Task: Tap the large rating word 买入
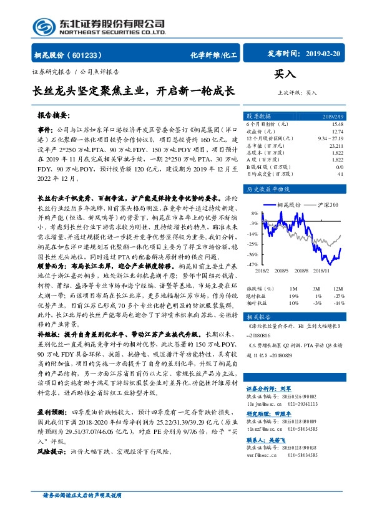pyautogui.click(x=286, y=74)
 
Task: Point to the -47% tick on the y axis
pyautogui.click(x=252, y=264)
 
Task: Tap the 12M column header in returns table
pyautogui.click(x=338, y=288)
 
